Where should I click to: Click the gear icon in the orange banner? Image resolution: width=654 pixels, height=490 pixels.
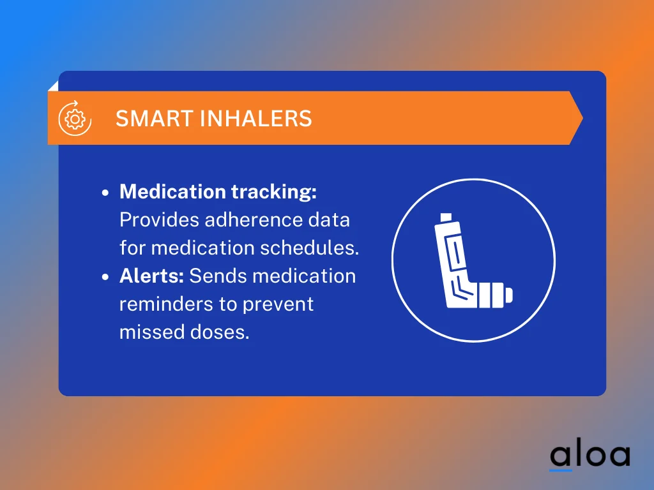coord(75,118)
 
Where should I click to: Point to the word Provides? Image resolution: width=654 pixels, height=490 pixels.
coord(159,220)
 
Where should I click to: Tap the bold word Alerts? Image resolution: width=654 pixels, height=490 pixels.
coord(152,276)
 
